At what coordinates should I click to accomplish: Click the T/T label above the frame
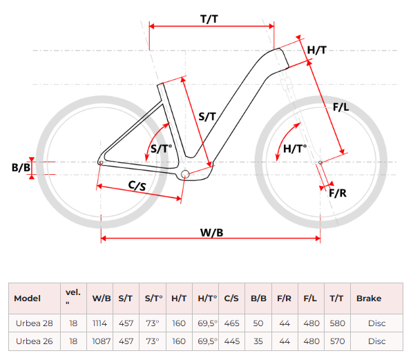click(209, 19)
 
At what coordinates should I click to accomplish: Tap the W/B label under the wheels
click(212, 233)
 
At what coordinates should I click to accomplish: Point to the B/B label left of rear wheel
click(21, 168)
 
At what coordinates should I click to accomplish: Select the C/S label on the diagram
click(137, 186)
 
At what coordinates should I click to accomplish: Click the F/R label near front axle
click(338, 193)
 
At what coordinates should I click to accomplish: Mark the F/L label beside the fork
click(341, 107)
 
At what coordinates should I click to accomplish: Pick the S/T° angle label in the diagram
click(161, 149)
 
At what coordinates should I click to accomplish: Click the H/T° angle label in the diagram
click(295, 149)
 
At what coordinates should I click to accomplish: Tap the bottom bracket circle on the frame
click(185, 174)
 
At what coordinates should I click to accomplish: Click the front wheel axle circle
click(320, 162)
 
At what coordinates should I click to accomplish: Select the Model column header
click(28, 299)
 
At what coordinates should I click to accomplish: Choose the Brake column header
click(369, 299)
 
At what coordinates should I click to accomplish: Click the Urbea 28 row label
click(35, 323)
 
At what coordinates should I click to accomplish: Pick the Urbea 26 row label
click(35, 341)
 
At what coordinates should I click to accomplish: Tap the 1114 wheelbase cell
click(100, 323)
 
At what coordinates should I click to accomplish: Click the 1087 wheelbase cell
click(101, 341)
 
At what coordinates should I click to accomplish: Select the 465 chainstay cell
click(232, 323)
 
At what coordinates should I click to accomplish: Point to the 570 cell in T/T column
click(338, 341)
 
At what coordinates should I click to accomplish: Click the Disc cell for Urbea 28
click(376, 323)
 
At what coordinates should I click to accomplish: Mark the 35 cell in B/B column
click(258, 341)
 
